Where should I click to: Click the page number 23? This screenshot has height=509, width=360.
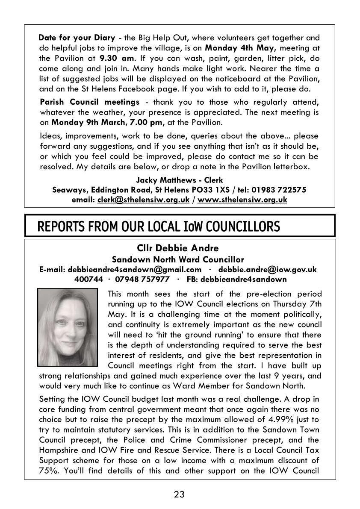pyautogui.click(x=179, y=494)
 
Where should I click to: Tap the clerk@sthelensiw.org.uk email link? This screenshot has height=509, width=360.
pyautogui.click(x=143, y=200)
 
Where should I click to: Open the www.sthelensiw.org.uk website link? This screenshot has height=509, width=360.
pyautogui.click(x=242, y=200)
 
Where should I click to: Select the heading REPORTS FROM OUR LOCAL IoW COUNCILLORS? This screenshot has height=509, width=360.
pyautogui.click(x=159, y=226)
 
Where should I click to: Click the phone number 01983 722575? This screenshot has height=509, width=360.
pyautogui.click(x=279, y=189)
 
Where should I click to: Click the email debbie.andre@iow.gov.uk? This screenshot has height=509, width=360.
pyautogui.click(x=267, y=270)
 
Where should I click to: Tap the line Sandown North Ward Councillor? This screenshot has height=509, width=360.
pyautogui.click(x=177, y=259)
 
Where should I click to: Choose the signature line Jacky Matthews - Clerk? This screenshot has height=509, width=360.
pyautogui.click(x=179, y=180)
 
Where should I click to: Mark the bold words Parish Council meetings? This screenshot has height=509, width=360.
pyautogui.click(x=89, y=102)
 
